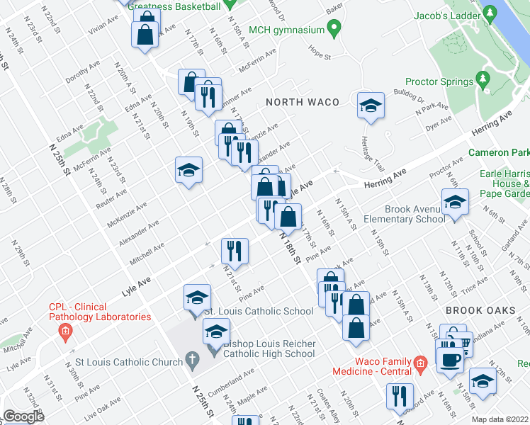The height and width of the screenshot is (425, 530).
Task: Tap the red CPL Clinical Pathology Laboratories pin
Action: (x=65, y=330)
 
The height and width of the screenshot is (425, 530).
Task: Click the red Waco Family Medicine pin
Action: (x=420, y=365)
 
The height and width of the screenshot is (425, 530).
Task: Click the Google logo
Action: (x=23, y=416)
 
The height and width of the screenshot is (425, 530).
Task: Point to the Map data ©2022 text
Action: (x=500, y=419)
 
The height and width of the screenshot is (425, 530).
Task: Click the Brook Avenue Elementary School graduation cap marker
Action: (x=456, y=203)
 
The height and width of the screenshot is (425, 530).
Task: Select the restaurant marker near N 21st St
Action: (x=235, y=251)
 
